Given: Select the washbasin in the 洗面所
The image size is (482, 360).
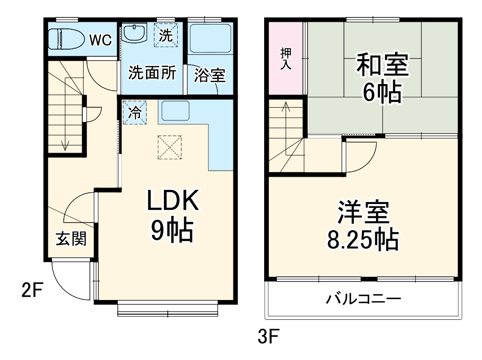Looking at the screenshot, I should [135, 34].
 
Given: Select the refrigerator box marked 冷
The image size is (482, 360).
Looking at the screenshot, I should [135, 112].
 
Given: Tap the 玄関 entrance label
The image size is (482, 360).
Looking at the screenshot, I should [71, 239].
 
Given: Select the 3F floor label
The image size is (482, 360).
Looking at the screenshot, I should [269, 337].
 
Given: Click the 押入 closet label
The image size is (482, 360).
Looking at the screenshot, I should [285, 59].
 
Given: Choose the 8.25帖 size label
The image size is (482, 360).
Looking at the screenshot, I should [363, 240].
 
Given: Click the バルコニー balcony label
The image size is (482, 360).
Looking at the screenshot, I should [363, 299].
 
